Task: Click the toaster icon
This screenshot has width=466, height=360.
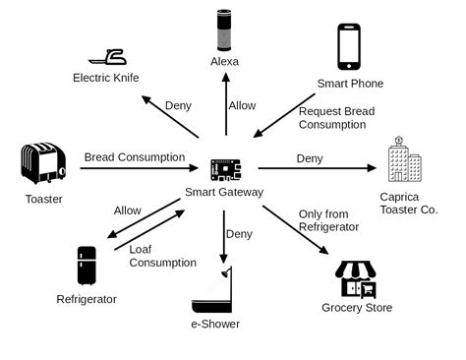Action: click(43, 163)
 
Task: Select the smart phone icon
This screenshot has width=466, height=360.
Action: click(349, 45)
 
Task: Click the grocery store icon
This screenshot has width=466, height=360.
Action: click(356, 279)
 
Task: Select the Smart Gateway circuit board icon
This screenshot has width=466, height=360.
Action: click(224, 168)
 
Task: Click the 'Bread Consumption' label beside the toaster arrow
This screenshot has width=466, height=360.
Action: click(134, 156)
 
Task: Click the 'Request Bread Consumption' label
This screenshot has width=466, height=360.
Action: click(337, 118)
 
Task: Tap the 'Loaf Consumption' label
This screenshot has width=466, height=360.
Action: click(162, 256)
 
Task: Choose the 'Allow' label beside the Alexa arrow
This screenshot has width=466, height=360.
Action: click(242, 105)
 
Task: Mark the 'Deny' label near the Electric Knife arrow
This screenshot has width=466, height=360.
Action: click(178, 107)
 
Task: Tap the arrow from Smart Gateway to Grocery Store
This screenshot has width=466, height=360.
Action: click(296, 230)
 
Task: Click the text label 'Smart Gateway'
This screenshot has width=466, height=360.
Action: click(224, 192)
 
